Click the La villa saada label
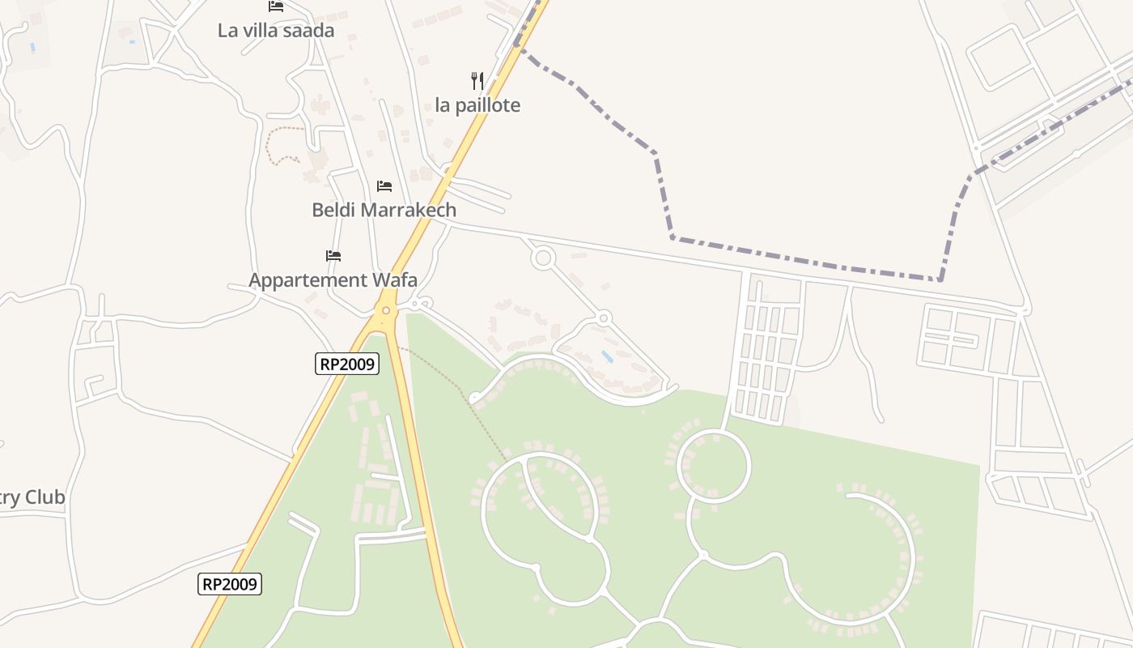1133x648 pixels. coord(276,31)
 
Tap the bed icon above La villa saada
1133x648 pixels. coord(276,6)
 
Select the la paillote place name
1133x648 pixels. coord(477,105)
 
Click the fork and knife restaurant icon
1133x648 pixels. coord(477,81)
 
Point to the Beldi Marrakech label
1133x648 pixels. coord(384,210)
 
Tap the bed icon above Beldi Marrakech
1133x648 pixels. coord(384,186)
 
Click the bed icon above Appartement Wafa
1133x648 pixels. coord(333,256)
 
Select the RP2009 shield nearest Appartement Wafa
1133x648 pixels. coord(347,364)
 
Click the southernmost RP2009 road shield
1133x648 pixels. coord(230,584)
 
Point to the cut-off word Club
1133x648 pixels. coord(44,497)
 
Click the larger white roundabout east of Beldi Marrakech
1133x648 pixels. coord(543,259)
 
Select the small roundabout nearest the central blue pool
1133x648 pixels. coord(604,318)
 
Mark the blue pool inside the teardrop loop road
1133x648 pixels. coord(607,356)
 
